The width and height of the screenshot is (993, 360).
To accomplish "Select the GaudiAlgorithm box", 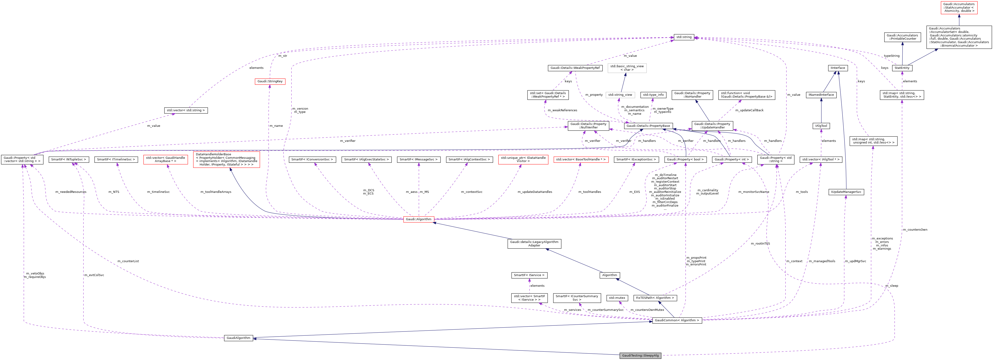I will point(238,338).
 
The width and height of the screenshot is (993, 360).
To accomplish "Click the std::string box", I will point(684,37).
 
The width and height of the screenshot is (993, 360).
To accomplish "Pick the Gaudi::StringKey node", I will point(270,81).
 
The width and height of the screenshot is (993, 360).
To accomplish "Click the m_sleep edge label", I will point(891,286).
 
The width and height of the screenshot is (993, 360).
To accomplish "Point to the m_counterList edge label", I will point(128,261).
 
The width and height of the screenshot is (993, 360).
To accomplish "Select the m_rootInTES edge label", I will point(760,244).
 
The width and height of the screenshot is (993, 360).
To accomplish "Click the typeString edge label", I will point(891,56).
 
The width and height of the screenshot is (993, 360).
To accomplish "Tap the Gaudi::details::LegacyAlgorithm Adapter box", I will point(534,244).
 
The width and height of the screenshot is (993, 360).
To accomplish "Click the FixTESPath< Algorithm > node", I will point(655,298).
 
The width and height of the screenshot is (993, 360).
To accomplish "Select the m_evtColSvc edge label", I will point(94,275).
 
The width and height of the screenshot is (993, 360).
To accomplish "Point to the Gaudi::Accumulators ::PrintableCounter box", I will point(902,37).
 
